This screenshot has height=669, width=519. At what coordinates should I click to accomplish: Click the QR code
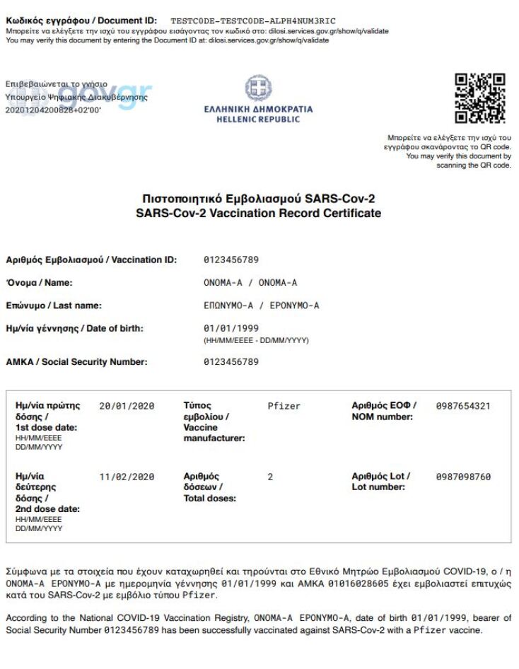[480, 98]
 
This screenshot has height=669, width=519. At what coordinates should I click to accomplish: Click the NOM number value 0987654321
[463, 407]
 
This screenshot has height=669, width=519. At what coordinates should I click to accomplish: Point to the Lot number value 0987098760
[463, 477]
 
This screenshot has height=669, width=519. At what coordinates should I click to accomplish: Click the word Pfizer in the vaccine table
[284, 407]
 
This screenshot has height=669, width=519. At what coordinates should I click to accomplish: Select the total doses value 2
[270, 477]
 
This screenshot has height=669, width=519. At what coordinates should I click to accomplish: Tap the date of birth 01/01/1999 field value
[231, 329]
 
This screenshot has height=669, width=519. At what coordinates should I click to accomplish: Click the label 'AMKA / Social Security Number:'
[76, 362]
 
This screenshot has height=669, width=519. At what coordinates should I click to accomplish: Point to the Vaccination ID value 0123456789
[231, 260]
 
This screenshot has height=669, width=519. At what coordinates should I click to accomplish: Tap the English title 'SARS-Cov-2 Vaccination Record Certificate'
[258, 213]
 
